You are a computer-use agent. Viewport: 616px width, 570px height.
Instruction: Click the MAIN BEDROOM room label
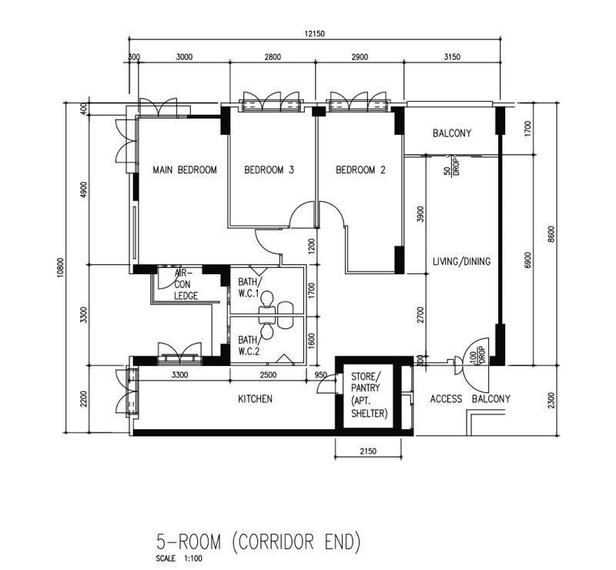(x=185, y=169)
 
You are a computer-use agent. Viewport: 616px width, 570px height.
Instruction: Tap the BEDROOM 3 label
(x=269, y=169)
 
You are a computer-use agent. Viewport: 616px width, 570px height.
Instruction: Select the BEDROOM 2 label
(x=360, y=169)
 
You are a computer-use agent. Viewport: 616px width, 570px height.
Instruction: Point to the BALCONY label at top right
(x=452, y=133)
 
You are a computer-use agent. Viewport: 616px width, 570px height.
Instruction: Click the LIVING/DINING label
(x=461, y=261)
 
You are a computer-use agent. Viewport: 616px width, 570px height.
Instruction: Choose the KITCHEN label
(x=255, y=399)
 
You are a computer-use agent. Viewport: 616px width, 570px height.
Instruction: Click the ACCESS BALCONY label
(x=470, y=399)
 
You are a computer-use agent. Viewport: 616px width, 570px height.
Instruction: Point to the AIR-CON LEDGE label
(x=186, y=284)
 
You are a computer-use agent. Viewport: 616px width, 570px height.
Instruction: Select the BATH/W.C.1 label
(x=248, y=287)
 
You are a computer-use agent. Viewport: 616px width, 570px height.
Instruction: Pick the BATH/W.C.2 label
(x=248, y=345)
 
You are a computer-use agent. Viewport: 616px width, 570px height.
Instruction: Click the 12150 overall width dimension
(x=315, y=34)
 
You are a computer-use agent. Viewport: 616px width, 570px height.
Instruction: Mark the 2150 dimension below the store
(x=368, y=451)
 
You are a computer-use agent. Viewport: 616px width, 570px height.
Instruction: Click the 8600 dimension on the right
(x=551, y=234)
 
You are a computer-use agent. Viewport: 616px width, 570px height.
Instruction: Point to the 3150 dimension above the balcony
(x=452, y=57)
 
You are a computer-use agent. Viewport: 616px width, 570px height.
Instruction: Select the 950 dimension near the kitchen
(x=320, y=375)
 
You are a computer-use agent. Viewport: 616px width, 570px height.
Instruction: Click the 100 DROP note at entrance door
(x=477, y=354)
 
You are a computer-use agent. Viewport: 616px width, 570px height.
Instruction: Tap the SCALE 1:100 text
(x=179, y=558)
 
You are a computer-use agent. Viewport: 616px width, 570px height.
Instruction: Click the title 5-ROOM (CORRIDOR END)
(x=258, y=541)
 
